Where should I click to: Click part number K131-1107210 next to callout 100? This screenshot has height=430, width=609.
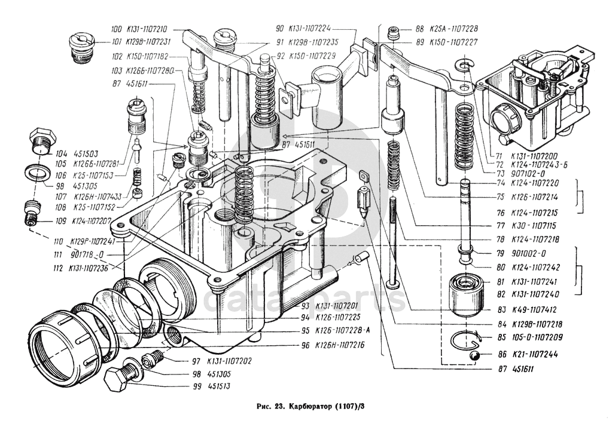pyautogui.click(x=147, y=29)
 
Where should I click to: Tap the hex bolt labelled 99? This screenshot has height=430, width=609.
pyautogui.click(x=120, y=376)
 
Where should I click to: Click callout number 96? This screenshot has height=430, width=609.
pyautogui.click(x=306, y=345)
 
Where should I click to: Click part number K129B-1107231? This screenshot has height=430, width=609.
pyautogui.click(x=150, y=42)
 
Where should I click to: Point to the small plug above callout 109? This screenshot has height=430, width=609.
pyautogui.click(x=32, y=212)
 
